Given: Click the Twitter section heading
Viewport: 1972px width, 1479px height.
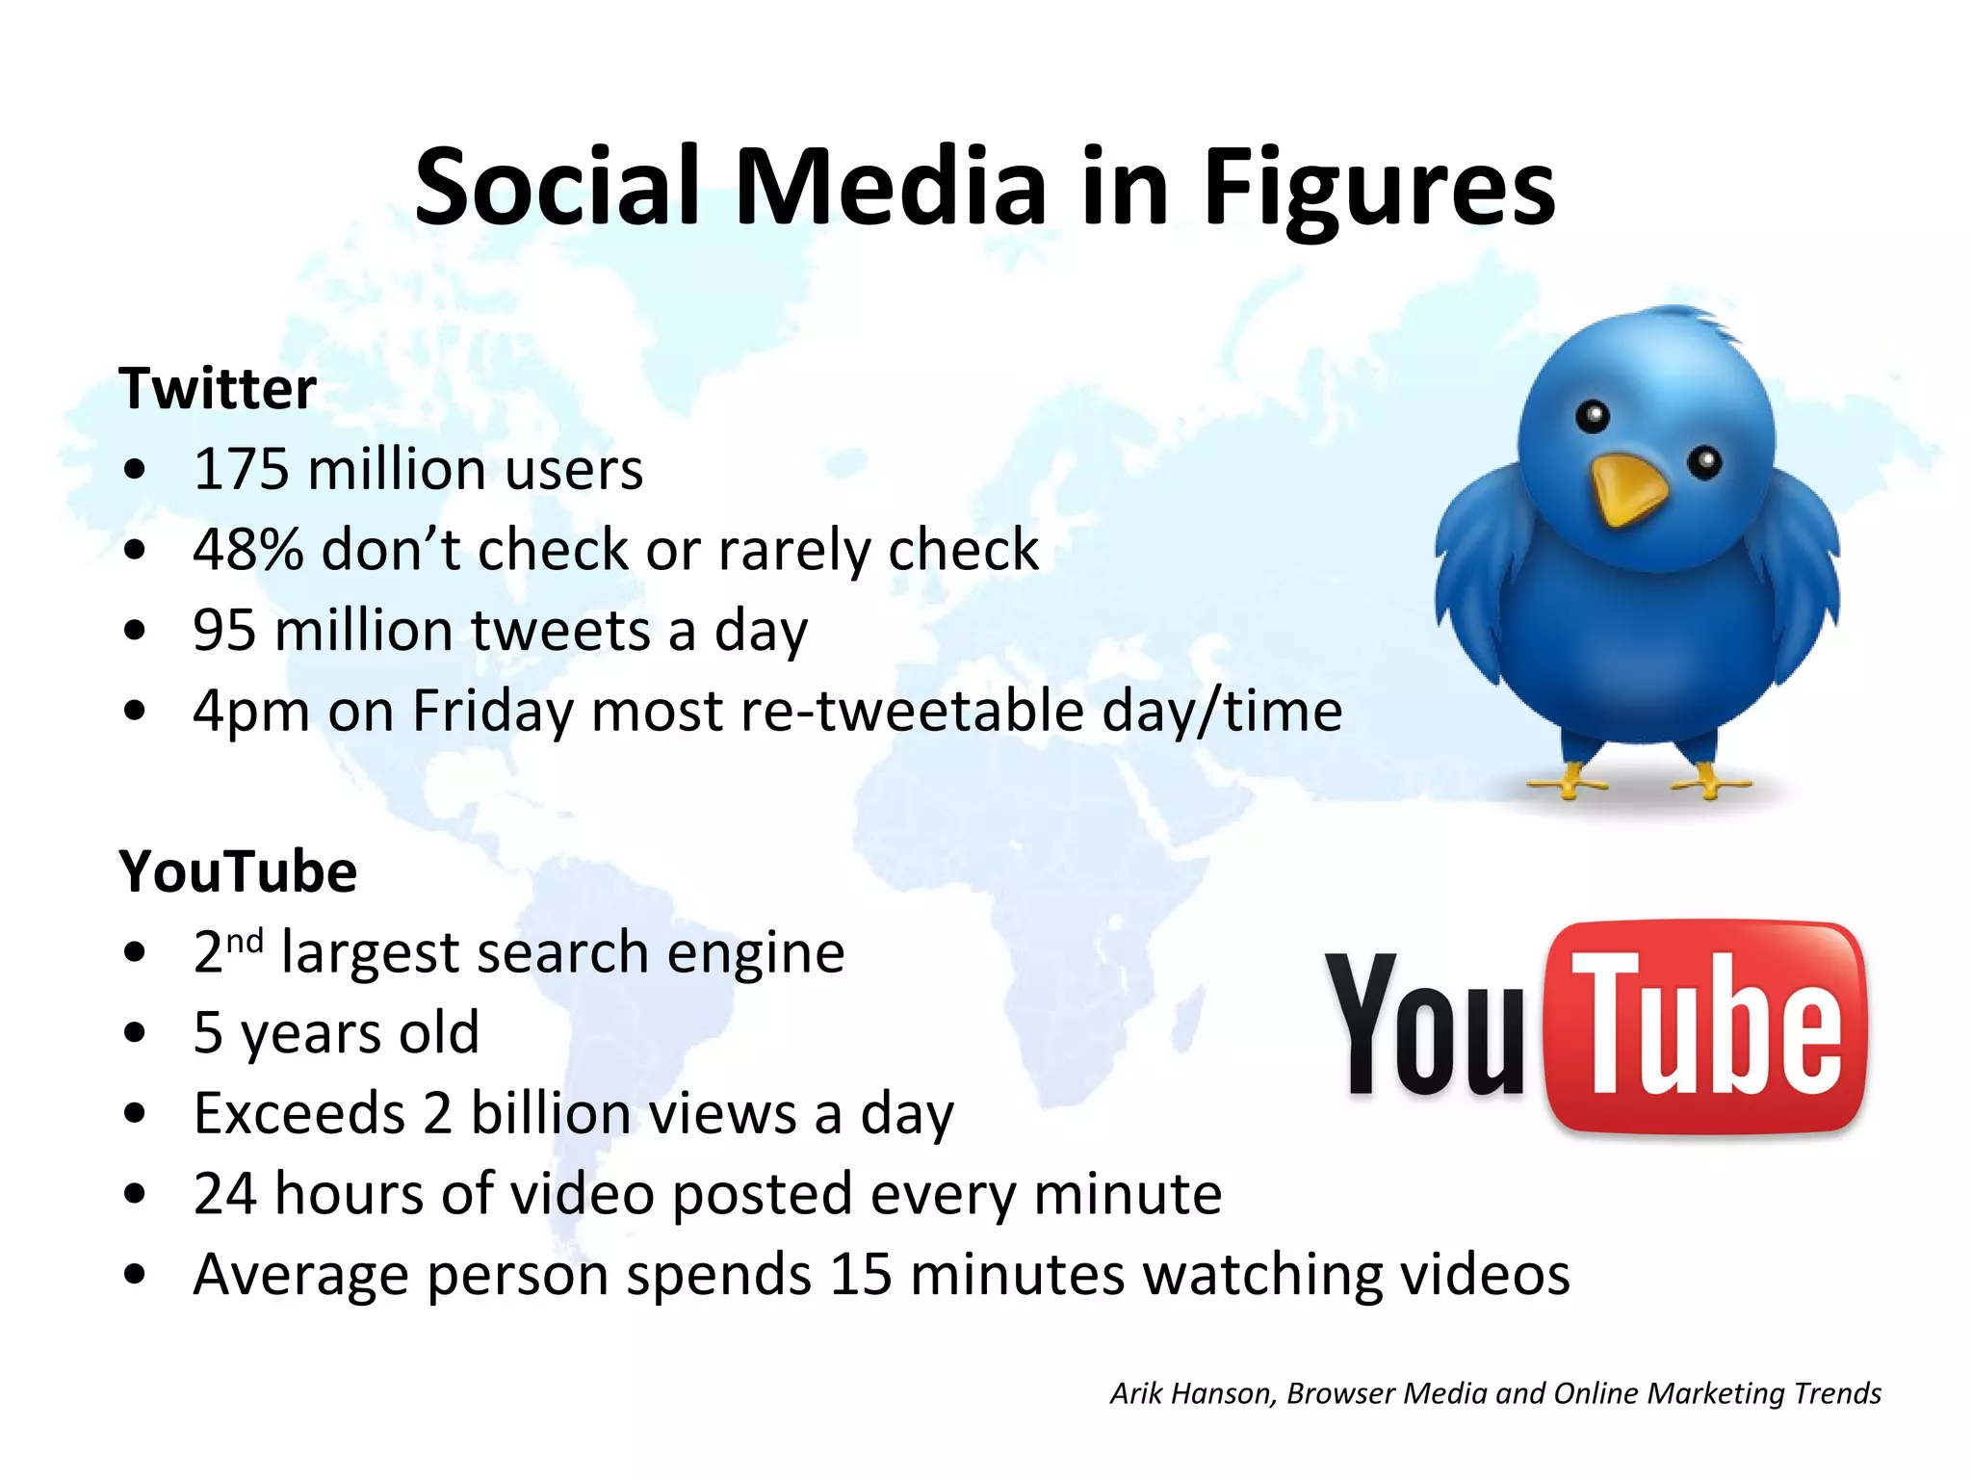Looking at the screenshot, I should coord(218,389).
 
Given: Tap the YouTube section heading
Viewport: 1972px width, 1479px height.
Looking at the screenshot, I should coord(238,872).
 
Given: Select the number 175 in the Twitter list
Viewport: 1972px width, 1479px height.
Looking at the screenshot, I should coord(241,470).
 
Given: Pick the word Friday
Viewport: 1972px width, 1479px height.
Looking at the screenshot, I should coord(493,712).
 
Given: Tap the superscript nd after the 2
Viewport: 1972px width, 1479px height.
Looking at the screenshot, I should coord(245,941).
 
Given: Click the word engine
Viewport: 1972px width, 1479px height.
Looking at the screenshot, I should coord(756,953).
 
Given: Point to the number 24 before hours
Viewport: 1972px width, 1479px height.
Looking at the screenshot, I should coord(224,1194).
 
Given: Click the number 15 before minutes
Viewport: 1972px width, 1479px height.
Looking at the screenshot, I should coord(861,1275).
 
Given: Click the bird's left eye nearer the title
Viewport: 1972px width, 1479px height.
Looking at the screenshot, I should coord(1594,416).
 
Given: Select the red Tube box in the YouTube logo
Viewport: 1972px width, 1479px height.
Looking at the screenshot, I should coord(1705,1026).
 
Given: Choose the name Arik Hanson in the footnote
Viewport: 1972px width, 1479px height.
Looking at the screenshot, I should coord(1192,1393).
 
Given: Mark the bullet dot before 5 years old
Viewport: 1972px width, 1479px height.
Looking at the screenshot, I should coord(135,1033).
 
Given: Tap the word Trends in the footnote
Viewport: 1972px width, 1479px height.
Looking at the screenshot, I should coord(1838,1393).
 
